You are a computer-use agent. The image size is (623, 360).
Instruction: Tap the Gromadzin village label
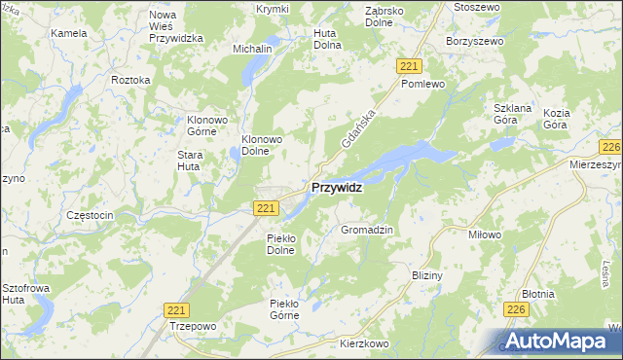click(x=367, y=230)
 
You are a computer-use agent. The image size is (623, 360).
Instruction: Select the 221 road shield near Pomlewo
click(x=410, y=65)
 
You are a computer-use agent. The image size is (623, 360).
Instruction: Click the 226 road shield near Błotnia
click(x=517, y=308)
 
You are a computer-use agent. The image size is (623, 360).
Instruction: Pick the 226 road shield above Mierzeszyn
click(x=611, y=147)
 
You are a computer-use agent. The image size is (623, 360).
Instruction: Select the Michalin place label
click(x=251, y=48)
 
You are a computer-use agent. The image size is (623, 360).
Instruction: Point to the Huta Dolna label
click(x=327, y=38)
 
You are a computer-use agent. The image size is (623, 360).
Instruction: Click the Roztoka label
click(x=130, y=79)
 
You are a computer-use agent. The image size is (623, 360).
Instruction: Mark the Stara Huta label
click(x=189, y=161)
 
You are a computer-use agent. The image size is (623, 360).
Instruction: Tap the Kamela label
click(x=69, y=32)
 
